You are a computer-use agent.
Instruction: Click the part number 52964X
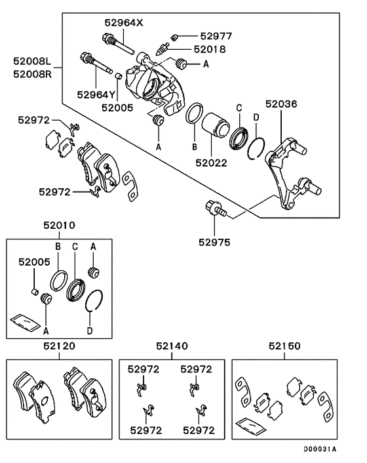(122, 22)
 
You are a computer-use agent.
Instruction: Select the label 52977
(216, 37)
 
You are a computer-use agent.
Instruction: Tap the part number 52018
(210, 49)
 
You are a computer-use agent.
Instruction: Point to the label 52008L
(32, 62)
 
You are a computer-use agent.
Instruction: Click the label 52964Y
(95, 94)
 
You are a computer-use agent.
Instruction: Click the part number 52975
(214, 241)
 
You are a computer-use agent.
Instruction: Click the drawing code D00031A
(319, 449)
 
